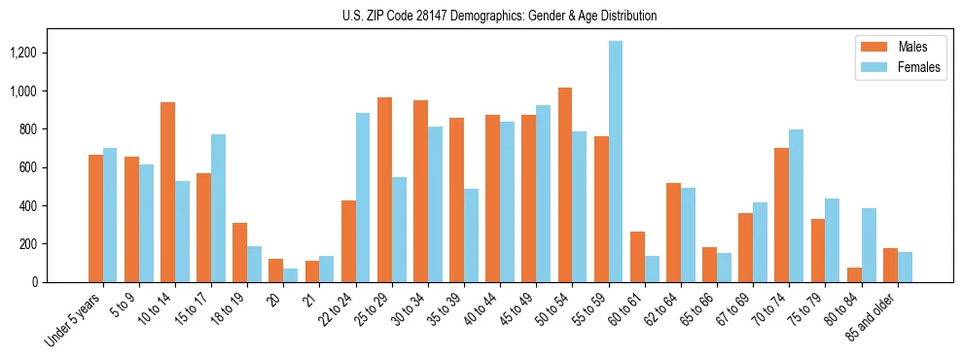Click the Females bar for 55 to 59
point(616,162)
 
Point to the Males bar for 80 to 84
point(854,274)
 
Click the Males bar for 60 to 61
point(637,257)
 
